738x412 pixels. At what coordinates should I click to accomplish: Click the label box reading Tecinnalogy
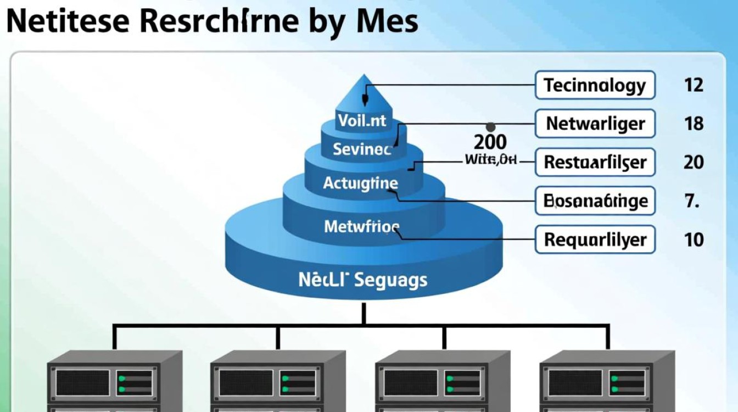(595, 85)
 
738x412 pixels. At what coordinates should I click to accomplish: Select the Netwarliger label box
(595, 124)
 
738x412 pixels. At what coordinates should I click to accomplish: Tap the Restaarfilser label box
(595, 162)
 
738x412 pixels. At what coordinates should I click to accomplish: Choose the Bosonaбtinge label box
(595, 201)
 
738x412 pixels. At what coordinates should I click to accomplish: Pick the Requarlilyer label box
(595, 240)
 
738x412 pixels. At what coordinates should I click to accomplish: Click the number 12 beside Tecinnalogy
(694, 85)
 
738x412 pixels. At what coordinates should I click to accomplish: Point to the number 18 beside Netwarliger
(694, 124)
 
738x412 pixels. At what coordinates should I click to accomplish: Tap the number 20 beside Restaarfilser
(694, 162)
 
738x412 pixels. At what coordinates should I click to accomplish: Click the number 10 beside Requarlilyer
(694, 240)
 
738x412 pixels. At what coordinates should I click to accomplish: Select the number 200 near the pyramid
(490, 142)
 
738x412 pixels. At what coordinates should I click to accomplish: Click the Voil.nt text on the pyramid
(362, 120)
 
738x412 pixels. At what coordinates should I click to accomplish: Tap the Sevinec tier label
(362, 149)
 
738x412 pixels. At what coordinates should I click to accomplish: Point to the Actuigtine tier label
(360, 183)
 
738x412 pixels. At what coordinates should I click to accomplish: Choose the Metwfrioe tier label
(362, 226)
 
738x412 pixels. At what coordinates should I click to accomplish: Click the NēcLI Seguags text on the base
(362, 280)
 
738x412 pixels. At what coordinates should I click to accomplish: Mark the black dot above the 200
(490, 126)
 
